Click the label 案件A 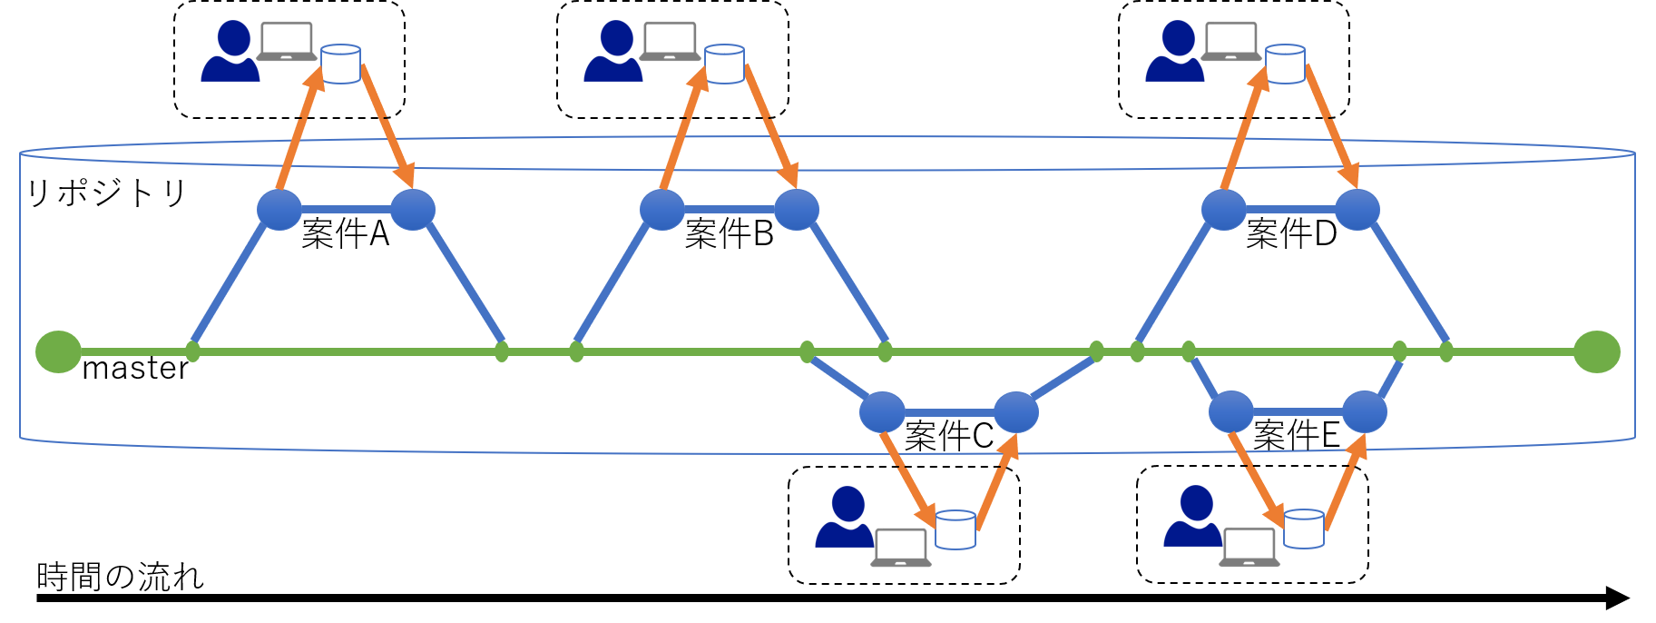[345, 234]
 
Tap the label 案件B [729, 234]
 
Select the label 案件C [949, 437]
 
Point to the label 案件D [1291, 234]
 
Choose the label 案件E [1296, 436]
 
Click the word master [135, 369]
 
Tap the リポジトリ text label [106, 193]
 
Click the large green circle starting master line [58, 351]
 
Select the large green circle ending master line [1597, 351]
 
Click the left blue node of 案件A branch [279, 210]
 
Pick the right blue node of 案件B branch [797, 210]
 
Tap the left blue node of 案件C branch [882, 412]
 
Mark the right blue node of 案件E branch [1365, 412]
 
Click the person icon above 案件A [231, 53]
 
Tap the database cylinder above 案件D [1285, 64]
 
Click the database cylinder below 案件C [955, 529]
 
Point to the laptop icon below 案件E [1249, 548]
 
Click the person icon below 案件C [846, 518]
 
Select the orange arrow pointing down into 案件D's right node [1331, 127]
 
